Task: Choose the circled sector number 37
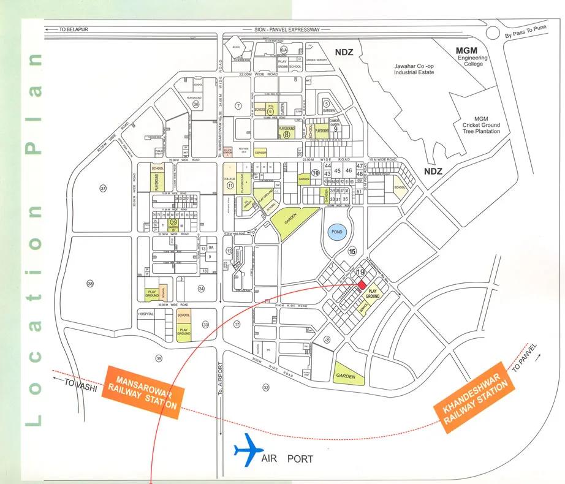coord(103,189)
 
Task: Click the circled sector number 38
coord(91,284)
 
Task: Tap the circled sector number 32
coord(266,387)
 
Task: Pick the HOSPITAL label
coord(146,313)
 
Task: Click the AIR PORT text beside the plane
coord(287,459)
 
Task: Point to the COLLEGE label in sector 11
coord(229,179)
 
